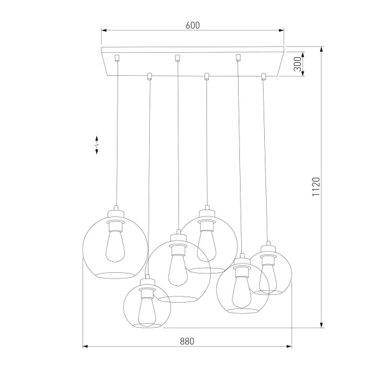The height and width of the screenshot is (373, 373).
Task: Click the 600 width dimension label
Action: [192, 25]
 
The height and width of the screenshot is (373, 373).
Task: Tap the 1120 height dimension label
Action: [315, 187]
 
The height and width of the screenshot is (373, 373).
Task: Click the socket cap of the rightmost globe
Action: [269, 246]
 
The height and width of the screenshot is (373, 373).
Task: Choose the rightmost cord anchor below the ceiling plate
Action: [264, 76]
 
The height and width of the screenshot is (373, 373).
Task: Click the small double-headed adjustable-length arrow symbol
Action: [96, 145]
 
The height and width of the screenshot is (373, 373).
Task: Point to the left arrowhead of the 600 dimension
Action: [104, 29]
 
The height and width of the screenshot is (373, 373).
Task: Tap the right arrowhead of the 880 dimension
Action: [290, 346]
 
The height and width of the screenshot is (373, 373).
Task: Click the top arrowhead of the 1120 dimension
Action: [322, 49]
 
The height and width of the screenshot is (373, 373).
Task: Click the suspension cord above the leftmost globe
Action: [117, 137]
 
